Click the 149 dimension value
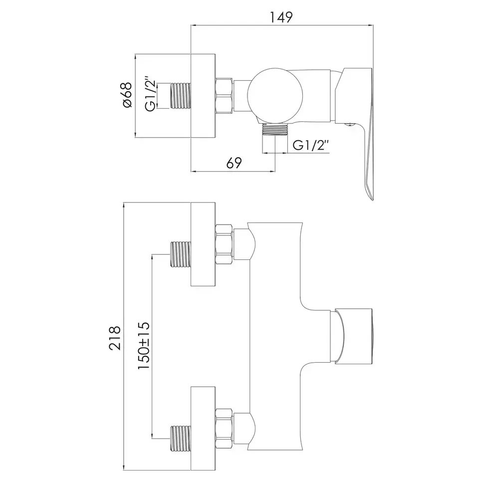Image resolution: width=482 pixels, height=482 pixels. (x=281, y=17)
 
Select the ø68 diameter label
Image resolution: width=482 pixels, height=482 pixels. (x=127, y=95)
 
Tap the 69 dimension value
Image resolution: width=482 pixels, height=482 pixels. (x=234, y=163)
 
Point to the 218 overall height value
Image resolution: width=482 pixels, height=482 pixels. (x=115, y=338)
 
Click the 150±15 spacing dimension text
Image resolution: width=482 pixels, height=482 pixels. (x=144, y=345)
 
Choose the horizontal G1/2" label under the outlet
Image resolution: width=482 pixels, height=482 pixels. (x=311, y=145)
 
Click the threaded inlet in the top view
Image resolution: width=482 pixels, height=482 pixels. (x=180, y=96)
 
